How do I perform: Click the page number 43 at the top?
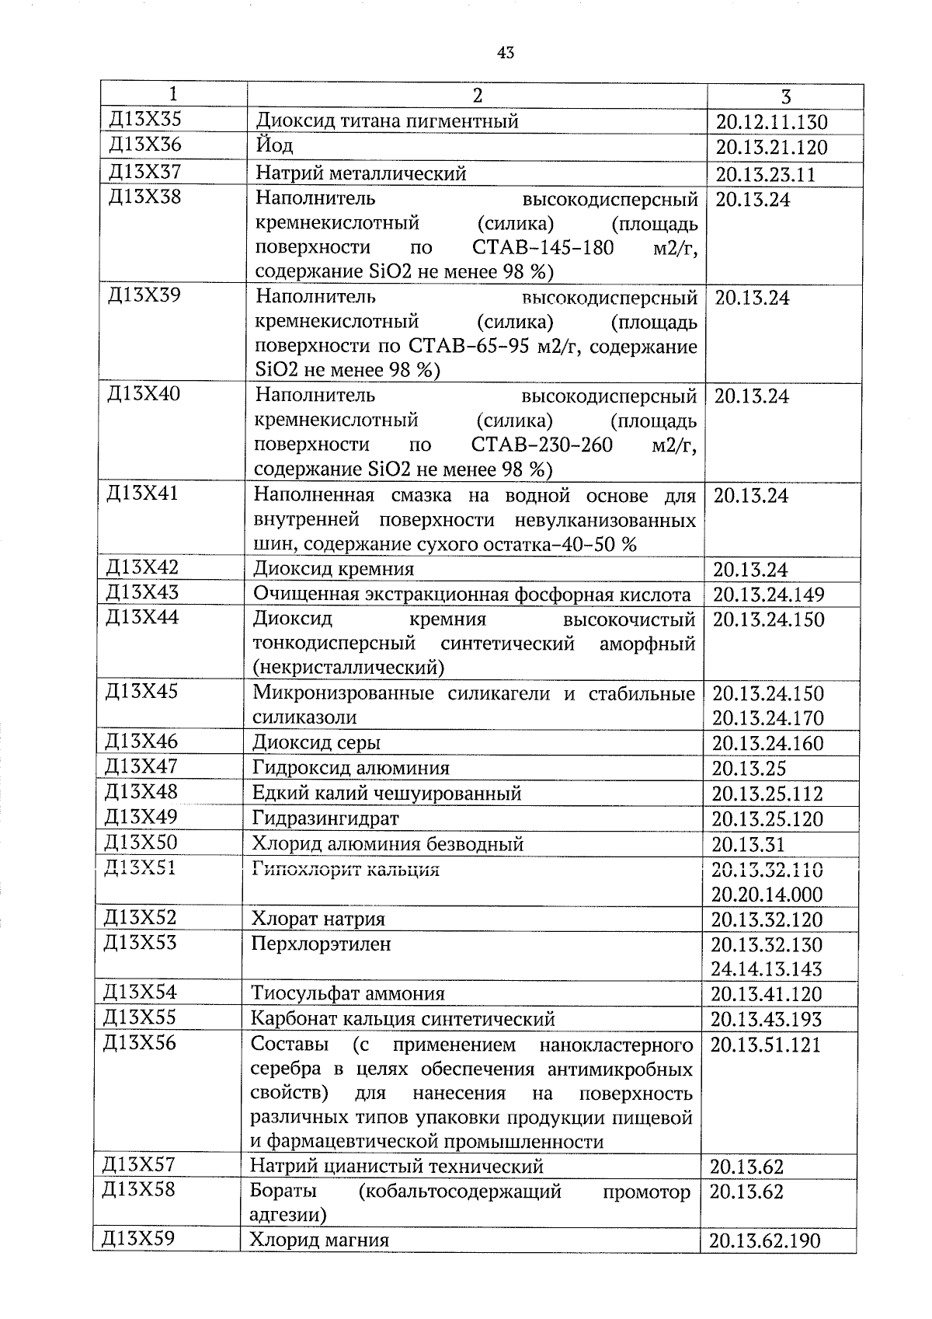[505, 53]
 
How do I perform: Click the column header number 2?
[477, 96]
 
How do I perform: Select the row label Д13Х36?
[145, 145]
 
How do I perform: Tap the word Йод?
[274, 145]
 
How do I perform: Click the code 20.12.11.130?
[771, 122]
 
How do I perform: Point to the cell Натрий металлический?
[361, 173]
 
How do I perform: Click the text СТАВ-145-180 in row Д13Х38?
[542, 248]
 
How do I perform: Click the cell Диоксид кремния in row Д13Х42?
[333, 569]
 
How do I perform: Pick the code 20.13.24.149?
[768, 595]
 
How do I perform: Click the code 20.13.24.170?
[767, 717]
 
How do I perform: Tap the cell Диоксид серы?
[316, 743]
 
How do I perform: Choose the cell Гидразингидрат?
[325, 818]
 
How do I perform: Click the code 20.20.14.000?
[767, 894]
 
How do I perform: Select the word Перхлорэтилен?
[321, 944]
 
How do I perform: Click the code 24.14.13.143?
[767, 968]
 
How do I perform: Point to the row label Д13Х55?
[140, 1017]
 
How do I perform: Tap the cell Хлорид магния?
[319, 1240]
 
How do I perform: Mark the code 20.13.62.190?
[764, 1240]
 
